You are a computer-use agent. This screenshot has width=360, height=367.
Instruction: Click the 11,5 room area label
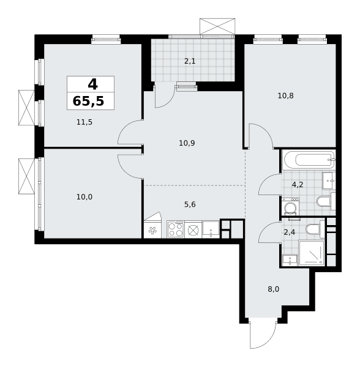tap(84, 122)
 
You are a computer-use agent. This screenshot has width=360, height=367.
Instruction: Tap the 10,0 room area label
tap(84, 197)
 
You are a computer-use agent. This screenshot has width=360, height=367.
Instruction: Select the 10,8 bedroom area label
tap(285, 96)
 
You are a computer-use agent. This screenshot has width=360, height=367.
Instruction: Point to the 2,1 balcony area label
tap(190, 61)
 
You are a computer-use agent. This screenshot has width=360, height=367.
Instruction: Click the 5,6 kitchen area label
tap(190, 204)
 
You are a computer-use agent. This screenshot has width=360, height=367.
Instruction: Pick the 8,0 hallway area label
tap(274, 289)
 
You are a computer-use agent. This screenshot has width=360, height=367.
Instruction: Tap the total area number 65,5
tap(88, 102)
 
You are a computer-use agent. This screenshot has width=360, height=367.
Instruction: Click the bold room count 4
tap(92, 84)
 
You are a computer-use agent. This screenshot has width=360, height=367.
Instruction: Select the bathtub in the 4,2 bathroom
tap(309, 160)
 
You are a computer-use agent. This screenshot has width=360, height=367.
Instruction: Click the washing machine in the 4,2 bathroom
tap(290, 207)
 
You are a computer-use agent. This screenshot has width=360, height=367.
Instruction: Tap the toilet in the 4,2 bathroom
tap(326, 201)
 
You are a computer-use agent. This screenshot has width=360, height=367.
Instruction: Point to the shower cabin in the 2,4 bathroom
tap(312, 253)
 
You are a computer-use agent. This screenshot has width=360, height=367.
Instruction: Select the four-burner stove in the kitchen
tap(176, 229)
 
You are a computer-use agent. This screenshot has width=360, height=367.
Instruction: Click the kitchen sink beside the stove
tap(211, 229)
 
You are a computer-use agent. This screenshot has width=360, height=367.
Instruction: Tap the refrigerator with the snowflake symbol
tap(152, 229)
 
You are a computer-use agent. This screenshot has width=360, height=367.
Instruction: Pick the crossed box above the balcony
tap(217, 26)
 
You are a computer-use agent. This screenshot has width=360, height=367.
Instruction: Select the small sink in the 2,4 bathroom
tap(290, 261)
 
